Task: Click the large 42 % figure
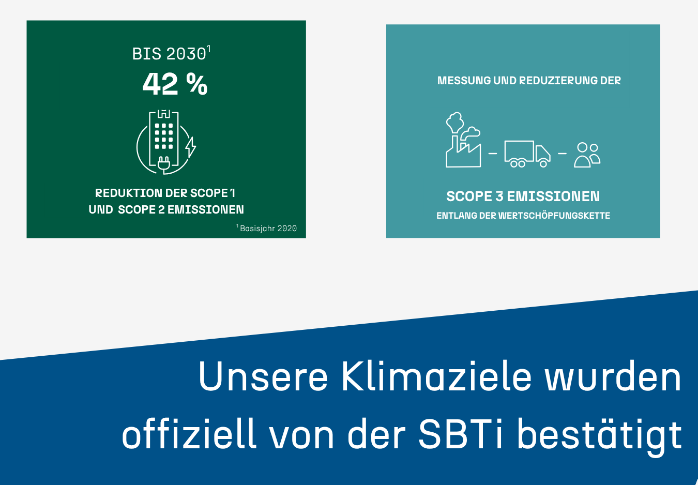[x=175, y=84]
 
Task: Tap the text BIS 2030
[x=169, y=54]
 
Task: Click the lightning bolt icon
[x=191, y=147]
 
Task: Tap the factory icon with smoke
[x=463, y=140]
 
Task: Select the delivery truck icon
[x=527, y=154]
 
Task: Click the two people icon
[x=587, y=155]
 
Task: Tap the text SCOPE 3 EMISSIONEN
[x=523, y=196]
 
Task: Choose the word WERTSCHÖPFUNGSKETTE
[x=554, y=216]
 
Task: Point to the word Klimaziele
[x=436, y=376]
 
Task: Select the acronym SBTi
[x=461, y=434]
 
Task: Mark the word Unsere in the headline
[x=263, y=376]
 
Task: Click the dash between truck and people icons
[x=562, y=154]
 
